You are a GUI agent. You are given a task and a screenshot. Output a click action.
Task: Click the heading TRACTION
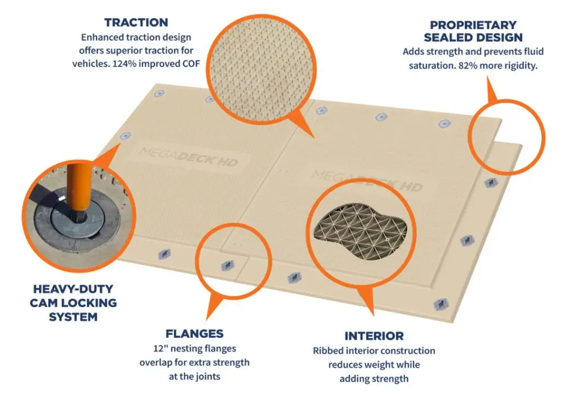point(136,22)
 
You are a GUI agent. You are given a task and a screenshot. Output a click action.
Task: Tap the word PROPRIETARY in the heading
point(473,25)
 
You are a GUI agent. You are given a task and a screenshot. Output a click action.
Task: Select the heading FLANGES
point(194,334)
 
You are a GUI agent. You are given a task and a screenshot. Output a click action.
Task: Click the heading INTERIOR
point(374,336)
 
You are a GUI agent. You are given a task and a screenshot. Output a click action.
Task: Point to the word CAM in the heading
point(44,303)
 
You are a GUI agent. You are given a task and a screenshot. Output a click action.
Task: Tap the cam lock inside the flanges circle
point(227,266)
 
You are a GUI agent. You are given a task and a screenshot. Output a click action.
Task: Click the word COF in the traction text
point(191,64)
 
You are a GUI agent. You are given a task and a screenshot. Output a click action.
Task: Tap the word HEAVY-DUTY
point(73,289)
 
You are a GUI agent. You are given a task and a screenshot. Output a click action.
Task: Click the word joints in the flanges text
point(209,376)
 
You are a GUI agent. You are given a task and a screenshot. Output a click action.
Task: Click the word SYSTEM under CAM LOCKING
point(73,317)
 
